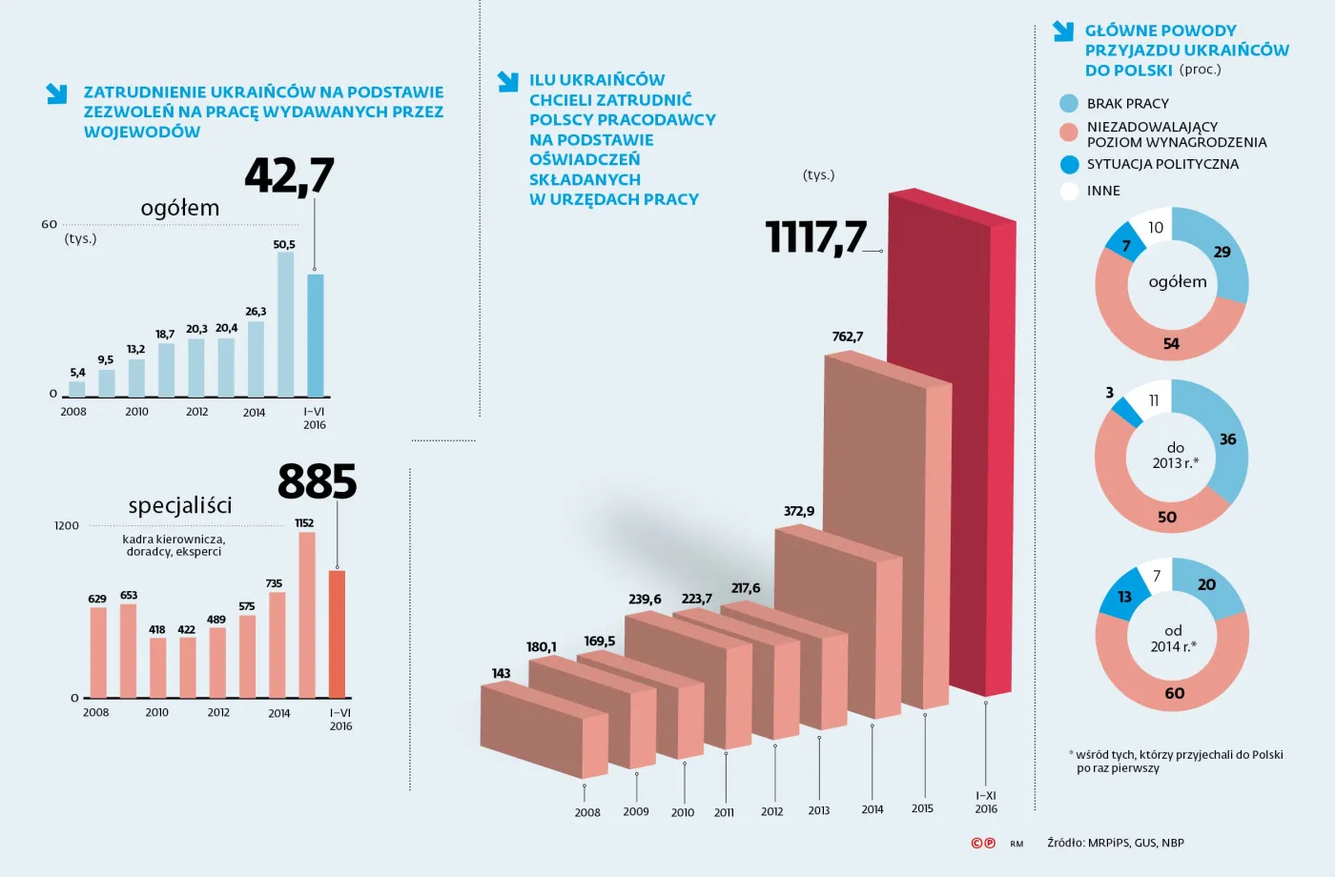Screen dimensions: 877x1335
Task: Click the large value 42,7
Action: (289, 175)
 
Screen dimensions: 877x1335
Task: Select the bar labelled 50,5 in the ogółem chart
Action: (285, 324)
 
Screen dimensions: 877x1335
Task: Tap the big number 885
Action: (317, 481)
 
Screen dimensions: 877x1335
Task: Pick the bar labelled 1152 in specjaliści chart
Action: (307, 615)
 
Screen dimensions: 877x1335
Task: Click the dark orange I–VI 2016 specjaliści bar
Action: (337, 634)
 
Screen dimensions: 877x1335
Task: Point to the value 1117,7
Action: (816, 237)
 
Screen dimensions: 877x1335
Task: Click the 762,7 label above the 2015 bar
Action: (847, 337)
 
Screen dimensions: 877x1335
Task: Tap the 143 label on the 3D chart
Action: (501, 673)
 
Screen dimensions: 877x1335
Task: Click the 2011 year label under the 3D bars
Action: (725, 813)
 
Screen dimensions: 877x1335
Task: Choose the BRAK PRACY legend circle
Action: (1069, 104)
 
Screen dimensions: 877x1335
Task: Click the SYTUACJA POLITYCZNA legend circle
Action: (1069, 165)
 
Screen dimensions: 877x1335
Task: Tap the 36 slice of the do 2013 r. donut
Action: (1227, 439)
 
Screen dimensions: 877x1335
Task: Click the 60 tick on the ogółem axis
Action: (50, 225)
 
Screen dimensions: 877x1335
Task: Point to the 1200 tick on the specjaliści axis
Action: (67, 525)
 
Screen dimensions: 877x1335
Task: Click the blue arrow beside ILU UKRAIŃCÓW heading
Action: (507, 82)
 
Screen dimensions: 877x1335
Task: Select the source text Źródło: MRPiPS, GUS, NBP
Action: (1115, 843)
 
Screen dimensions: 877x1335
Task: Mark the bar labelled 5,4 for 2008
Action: (77, 389)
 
